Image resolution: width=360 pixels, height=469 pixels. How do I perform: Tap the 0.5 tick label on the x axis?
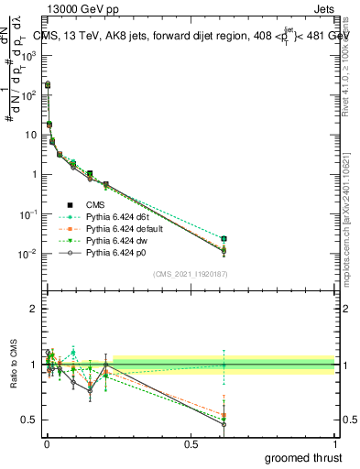click(191, 442)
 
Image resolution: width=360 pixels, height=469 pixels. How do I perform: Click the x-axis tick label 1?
click(335, 442)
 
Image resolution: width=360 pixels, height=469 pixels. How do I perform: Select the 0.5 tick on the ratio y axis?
click(34, 420)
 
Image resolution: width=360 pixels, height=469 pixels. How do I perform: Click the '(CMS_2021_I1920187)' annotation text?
click(191, 274)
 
